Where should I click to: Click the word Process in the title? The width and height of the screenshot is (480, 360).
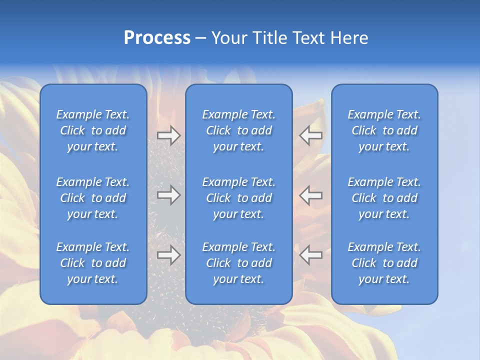157,38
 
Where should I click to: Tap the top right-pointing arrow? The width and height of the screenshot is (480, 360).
169,135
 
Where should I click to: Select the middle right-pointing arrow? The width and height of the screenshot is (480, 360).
169,194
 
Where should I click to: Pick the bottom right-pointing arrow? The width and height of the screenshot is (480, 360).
169,255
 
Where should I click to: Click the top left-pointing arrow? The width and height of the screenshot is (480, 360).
310,135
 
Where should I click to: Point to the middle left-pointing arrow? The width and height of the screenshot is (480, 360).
310,194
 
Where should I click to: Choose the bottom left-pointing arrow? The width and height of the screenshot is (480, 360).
310,255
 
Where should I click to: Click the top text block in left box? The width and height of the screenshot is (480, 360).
93,130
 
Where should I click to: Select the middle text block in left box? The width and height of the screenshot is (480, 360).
93,198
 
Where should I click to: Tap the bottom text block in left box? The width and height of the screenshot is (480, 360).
93,263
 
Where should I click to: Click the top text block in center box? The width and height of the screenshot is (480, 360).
238,130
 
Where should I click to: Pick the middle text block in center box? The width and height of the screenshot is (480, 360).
238,198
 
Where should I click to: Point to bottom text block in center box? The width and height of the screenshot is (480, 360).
238,263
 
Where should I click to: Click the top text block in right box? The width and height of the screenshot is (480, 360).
384,130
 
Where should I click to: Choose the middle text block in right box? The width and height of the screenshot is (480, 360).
384,198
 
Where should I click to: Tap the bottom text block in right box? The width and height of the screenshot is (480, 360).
384,263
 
